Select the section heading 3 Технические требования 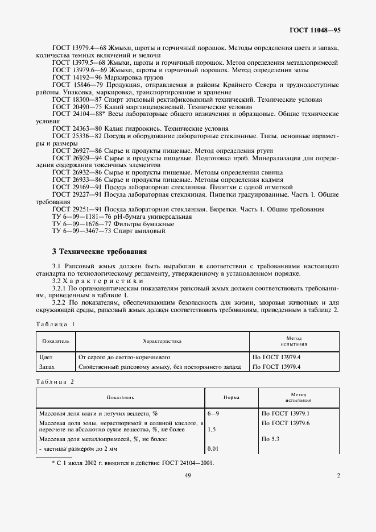(x=100, y=251)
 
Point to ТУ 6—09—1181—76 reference (x=80, y=217)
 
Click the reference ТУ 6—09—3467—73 (x=80, y=231)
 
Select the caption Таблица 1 (x=55, y=323)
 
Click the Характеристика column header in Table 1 (x=162, y=341)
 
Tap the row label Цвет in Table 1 (x=46, y=358)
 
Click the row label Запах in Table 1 (x=47, y=367)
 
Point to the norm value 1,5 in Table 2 (x=212, y=430)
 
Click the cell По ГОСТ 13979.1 (x=284, y=414)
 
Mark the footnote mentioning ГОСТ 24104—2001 (x=133, y=463)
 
